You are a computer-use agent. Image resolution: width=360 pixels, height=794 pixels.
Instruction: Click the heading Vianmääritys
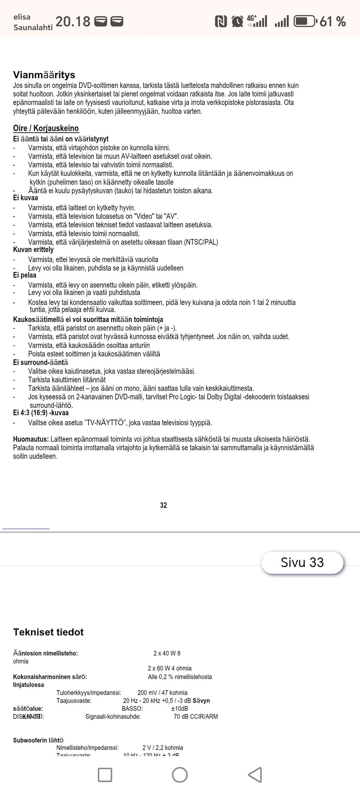[44, 75]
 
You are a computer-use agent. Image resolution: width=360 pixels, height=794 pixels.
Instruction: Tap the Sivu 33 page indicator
[302, 562]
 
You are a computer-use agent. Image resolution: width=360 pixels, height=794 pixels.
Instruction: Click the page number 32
[163, 505]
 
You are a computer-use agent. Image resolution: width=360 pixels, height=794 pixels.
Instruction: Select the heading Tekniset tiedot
[48, 632]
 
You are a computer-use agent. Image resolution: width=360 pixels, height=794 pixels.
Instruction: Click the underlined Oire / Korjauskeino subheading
[46, 128]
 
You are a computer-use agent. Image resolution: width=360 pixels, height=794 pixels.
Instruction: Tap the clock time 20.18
[73, 21]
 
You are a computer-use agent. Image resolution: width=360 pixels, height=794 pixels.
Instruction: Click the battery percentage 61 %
[332, 21]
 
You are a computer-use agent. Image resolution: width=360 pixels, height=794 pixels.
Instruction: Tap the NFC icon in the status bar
[221, 21]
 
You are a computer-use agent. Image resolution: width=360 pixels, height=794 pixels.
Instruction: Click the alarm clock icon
[237, 21]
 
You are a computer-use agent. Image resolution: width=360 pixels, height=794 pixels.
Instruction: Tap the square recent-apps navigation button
[105, 775]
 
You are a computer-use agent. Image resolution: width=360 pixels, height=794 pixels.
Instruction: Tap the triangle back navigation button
[255, 775]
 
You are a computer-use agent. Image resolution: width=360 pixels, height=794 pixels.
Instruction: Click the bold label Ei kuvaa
[25, 198]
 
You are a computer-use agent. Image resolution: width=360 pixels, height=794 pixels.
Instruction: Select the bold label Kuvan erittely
[33, 250]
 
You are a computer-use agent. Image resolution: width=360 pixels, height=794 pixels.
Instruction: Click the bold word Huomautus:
[31, 439]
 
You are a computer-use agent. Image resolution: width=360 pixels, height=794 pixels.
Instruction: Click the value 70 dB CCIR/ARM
[195, 716]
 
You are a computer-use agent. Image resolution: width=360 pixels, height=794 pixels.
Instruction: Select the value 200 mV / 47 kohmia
[162, 692]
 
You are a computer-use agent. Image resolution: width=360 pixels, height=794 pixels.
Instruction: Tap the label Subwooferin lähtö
[38, 740]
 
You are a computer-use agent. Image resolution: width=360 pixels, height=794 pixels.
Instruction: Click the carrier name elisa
[22, 17]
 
